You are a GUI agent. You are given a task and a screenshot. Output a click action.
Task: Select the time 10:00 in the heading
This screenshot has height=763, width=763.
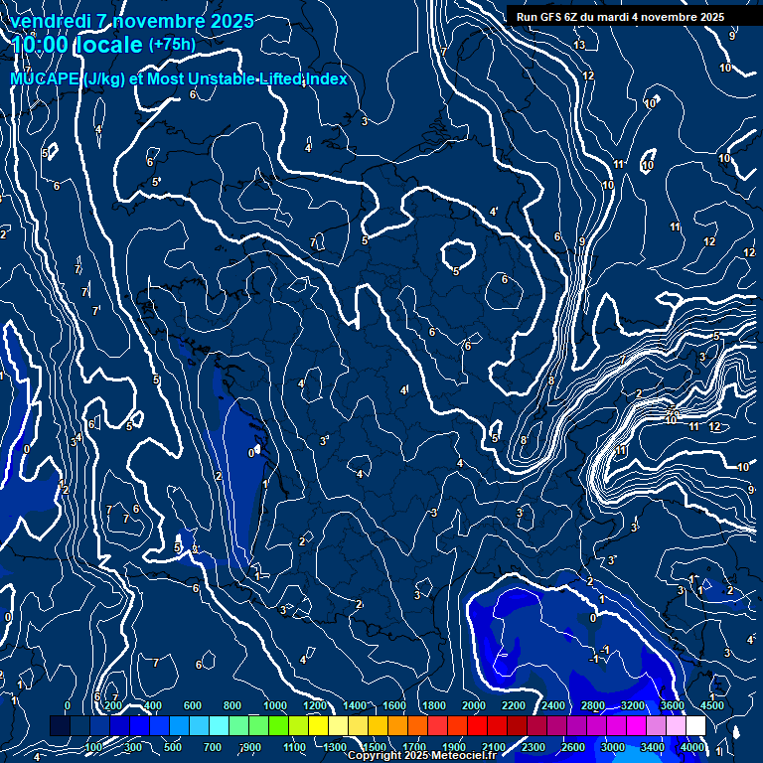(x=41, y=45)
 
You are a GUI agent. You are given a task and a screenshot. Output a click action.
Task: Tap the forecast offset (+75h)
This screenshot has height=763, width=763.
(x=172, y=45)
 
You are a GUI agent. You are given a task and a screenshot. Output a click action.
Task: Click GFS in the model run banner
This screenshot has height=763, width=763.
(x=552, y=17)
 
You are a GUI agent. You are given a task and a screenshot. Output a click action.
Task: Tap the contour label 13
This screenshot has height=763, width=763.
(x=579, y=45)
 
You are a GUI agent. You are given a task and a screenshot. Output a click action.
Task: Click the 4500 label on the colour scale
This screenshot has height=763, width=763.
(x=711, y=705)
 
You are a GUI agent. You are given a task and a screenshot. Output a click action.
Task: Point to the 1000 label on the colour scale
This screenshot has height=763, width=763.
(x=275, y=705)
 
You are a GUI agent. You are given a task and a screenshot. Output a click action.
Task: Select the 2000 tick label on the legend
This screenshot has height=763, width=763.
(x=474, y=705)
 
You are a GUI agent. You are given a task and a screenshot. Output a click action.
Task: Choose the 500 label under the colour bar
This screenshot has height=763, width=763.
(x=173, y=747)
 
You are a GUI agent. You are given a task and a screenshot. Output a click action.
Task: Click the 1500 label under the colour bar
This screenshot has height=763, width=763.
(x=375, y=747)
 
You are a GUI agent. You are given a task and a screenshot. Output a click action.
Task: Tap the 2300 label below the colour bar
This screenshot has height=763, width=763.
(x=534, y=747)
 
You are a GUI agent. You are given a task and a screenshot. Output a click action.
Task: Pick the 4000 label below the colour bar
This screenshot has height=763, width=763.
(x=692, y=747)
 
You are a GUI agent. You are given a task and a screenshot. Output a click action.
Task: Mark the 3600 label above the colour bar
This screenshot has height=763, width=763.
(x=673, y=705)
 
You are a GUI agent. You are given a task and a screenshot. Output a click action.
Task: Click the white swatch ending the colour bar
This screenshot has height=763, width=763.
(x=695, y=726)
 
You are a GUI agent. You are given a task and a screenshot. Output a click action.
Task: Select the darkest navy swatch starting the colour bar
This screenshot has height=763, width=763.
(x=60, y=726)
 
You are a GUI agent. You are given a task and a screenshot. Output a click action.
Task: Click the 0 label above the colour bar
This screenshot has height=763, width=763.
(x=68, y=705)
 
